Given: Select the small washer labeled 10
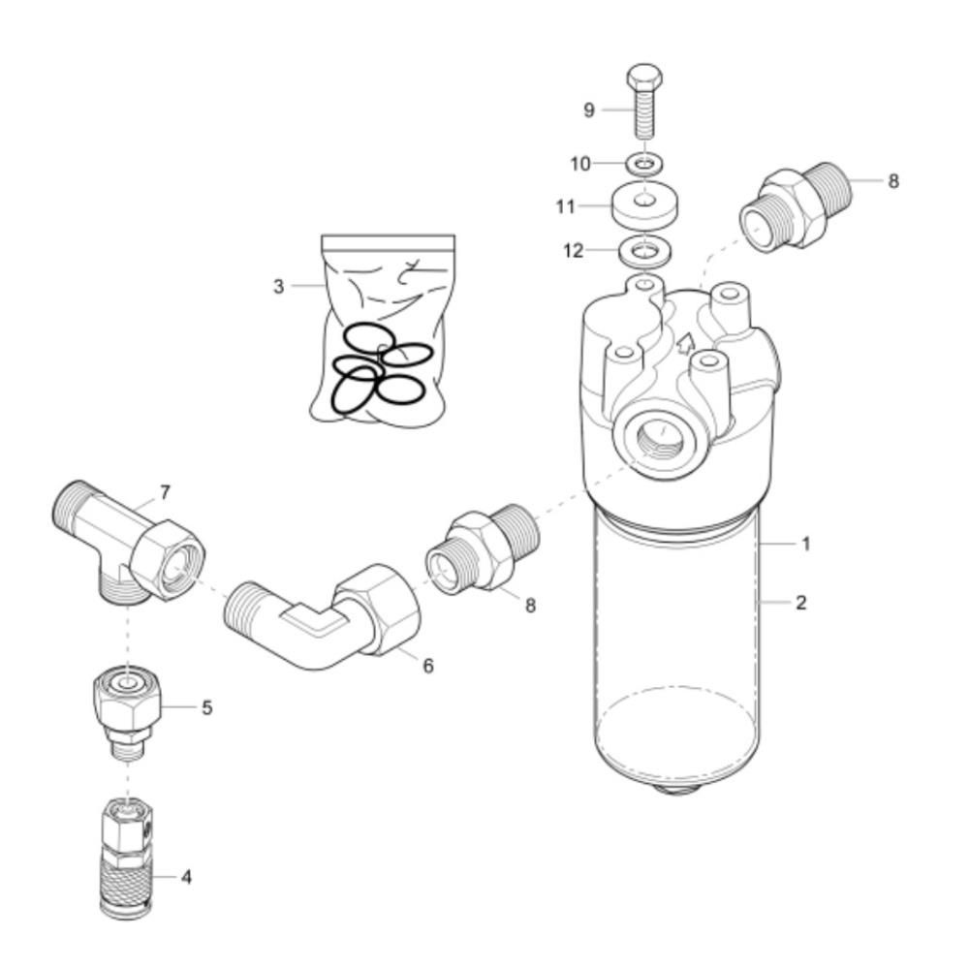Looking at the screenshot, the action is click(x=645, y=164).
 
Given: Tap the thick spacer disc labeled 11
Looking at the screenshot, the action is click(x=644, y=205).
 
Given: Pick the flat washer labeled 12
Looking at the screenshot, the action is click(x=644, y=252).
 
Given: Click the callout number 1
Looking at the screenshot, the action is click(x=805, y=544).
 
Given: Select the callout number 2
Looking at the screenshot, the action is click(x=801, y=602).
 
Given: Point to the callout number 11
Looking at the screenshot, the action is click(x=566, y=206).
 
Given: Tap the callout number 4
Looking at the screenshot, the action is click(x=186, y=877).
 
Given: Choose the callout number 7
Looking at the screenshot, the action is click(x=165, y=492).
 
